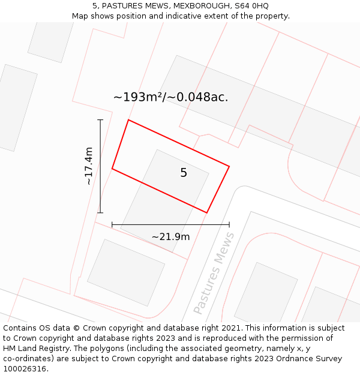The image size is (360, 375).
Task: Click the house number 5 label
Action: pos(184,173)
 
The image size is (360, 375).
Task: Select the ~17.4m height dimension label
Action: pos(89,166)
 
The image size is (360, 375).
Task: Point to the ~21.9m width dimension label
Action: pos(170,236)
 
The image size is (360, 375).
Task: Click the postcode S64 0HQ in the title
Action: pos(253,6)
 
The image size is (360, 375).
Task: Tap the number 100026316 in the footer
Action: pos(25,369)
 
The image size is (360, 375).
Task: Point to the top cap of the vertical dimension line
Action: pos(100,120)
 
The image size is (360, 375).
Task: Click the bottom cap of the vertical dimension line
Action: pos(100,212)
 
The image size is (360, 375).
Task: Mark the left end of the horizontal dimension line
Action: pos(112,225)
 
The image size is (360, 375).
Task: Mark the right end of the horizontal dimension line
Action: pos(229,225)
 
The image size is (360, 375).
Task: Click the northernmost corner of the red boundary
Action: pos(128,120)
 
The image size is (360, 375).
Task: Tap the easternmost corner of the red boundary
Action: pos(229,166)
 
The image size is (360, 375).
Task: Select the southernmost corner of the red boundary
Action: pos(206,212)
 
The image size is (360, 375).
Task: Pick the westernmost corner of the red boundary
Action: pos(112,169)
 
